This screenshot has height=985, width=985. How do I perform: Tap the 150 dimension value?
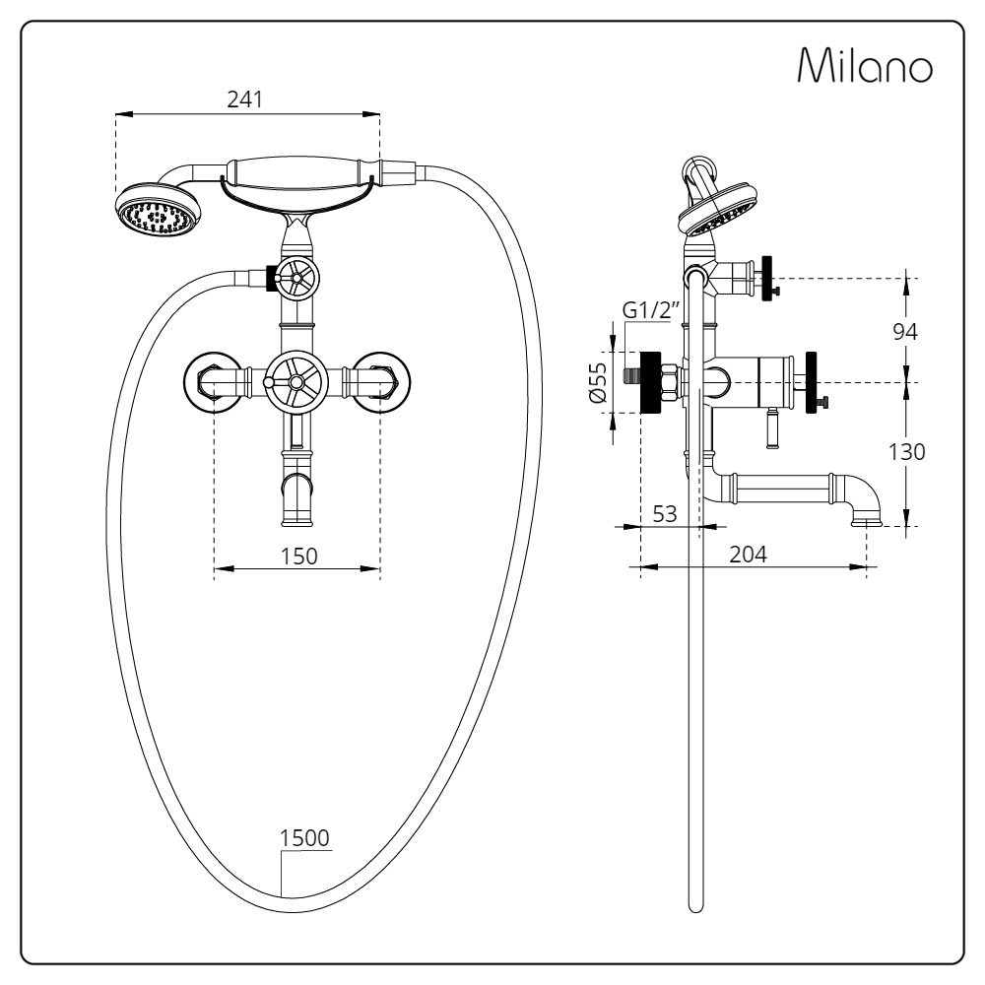[298, 555]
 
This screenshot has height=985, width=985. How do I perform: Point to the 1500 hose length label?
[305, 837]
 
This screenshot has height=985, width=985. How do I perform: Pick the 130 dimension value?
[906, 452]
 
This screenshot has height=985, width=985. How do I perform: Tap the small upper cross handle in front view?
[296, 280]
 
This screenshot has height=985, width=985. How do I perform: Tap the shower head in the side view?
[718, 208]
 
